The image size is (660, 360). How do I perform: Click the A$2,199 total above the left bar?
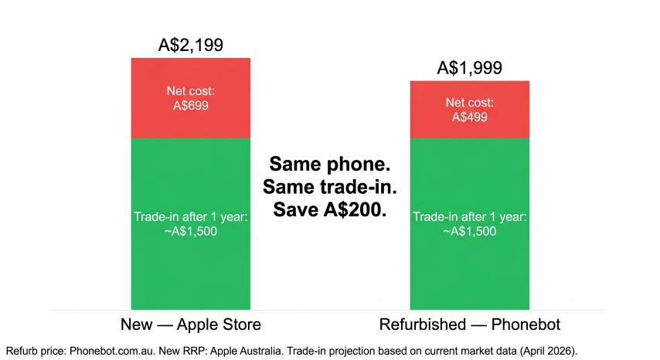coord(191,45)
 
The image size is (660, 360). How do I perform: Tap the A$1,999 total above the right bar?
coord(470,68)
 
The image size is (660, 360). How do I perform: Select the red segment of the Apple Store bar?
coord(191,98)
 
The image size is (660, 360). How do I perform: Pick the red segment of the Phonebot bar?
coord(470,110)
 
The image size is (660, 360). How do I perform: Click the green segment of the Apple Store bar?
coord(191,224)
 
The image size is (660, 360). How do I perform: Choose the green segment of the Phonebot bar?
coord(470,224)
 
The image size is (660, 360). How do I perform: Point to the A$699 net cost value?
coord(191,105)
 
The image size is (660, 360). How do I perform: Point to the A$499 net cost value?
coord(470,117)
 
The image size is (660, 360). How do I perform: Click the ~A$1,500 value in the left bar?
coord(191,231)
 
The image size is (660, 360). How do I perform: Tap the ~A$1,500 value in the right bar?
coord(470,231)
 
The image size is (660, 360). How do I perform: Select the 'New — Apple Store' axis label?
coord(191,324)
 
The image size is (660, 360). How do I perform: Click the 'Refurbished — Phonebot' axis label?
coord(470,324)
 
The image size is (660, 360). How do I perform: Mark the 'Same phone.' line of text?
coord(330,164)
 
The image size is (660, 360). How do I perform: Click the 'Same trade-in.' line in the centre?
coord(330,187)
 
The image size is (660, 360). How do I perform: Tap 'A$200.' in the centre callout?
coord(355,209)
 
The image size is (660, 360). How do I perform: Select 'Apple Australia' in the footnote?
coord(246,351)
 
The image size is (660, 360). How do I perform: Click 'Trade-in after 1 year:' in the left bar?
coord(191,217)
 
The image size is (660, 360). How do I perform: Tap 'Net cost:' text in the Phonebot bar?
coord(470,103)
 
